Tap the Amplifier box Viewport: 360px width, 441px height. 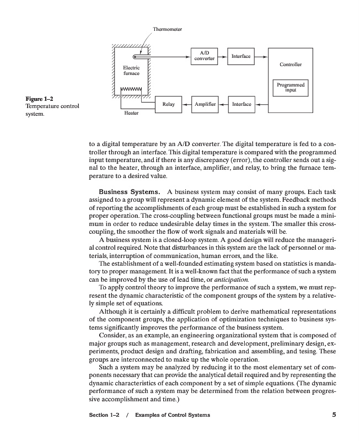pos(205,104)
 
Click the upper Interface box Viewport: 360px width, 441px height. pos(241,56)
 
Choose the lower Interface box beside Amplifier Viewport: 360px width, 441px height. pos(241,104)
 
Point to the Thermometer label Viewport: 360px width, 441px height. pos(168,29)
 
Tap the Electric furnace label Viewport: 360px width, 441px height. pos(131,70)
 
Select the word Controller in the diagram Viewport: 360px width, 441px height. pos(291,64)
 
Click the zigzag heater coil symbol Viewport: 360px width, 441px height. pos(131,89)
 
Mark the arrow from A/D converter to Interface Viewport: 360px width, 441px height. pos(223,56)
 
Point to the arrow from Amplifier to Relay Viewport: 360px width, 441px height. pos(186,104)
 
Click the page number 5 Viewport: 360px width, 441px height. pos(334,415)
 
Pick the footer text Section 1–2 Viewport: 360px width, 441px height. pos(104,415)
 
